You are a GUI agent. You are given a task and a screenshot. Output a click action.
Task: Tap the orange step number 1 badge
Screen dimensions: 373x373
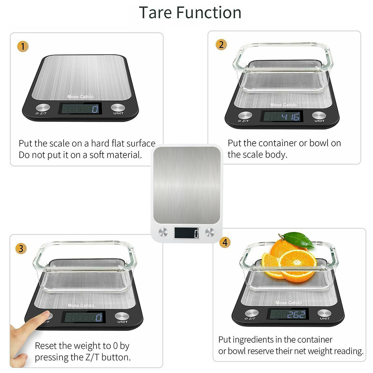[x=23, y=47]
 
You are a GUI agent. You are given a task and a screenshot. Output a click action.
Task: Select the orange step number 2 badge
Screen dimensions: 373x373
[x=221, y=45]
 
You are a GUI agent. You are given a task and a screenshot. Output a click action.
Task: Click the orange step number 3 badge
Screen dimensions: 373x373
[x=21, y=249]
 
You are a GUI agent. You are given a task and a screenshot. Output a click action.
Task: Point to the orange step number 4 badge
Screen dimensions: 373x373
[x=225, y=242]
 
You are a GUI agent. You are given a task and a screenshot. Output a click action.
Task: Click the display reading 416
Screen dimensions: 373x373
[x=282, y=117]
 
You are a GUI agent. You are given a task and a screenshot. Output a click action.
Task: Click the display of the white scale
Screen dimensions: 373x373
[x=186, y=233]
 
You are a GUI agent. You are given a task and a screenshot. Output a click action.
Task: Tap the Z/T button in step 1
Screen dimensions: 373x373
[x=43, y=108]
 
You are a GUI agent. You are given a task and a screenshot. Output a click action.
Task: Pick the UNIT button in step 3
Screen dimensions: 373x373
[x=122, y=316]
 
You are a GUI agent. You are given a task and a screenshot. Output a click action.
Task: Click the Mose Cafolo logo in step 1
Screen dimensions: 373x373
[x=80, y=97]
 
